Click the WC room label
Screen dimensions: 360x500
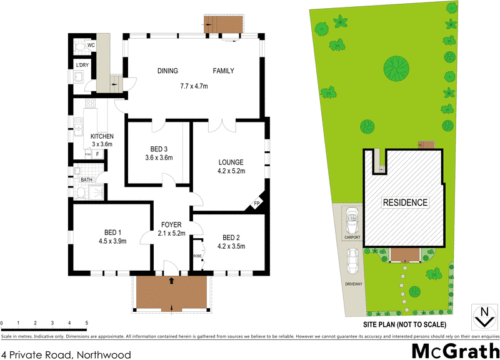click(x=91, y=46)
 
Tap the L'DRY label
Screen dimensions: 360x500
click(x=82, y=65)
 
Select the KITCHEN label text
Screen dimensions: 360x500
click(x=102, y=137)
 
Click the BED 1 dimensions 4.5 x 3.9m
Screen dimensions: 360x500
click(x=112, y=241)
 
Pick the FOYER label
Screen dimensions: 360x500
click(x=171, y=225)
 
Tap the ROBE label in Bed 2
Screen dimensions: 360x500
click(x=197, y=256)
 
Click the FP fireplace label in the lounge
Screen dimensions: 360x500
click(x=256, y=204)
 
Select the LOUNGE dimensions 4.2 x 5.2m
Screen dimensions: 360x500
click(x=231, y=171)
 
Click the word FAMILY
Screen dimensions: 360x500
click(x=223, y=71)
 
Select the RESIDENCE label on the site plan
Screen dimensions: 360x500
click(x=405, y=202)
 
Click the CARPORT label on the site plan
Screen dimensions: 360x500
click(x=352, y=237)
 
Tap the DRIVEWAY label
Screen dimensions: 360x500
click(x=352, y=283)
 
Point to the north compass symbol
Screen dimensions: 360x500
click(x=482, y=316)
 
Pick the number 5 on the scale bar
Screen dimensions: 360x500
click(x=86, y=323)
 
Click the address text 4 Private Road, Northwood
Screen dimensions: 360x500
click(x=66, y=354)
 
